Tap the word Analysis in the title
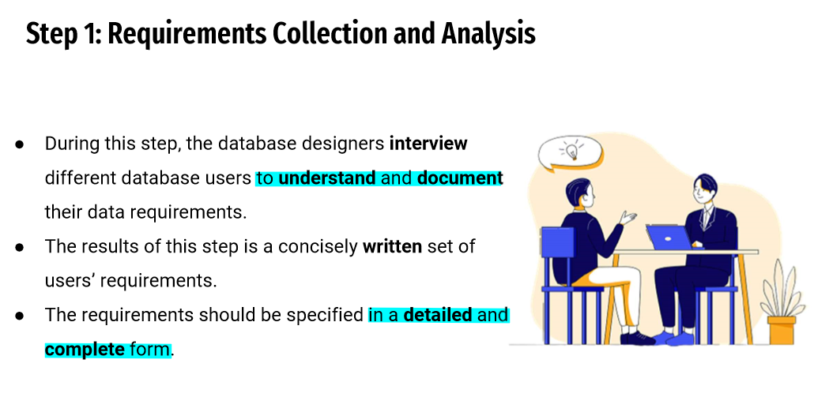click(488, 34)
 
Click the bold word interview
click(428, 143)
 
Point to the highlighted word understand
click(327, 178)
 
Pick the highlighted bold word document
click(460, 178)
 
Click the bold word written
click(392, 246)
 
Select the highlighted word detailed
click(438, 314)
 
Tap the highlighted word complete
click(85, 350)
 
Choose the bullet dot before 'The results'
click(20, 247)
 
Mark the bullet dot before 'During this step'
click(20, 144)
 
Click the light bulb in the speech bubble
click(571, 151)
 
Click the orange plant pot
click(782, 330)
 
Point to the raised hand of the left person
click(628, 217)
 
